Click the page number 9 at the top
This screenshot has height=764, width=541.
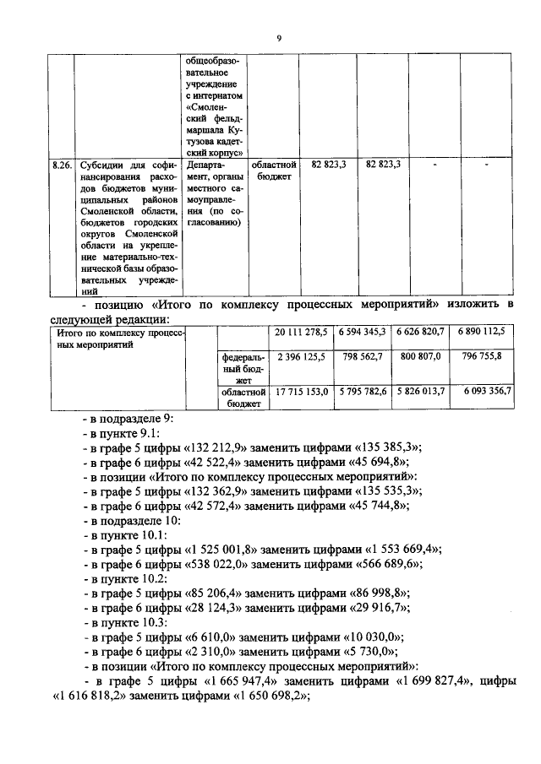tap(278, 37)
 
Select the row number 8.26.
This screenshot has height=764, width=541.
tap(59, 165)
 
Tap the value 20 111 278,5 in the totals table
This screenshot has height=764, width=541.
tap(300, 333)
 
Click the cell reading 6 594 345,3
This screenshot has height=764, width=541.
tap(362, 333)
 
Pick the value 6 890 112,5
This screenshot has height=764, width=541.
tap(482, 333)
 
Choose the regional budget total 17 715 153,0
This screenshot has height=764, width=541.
tap(300, 393)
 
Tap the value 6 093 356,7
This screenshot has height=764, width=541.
tap(482, 393)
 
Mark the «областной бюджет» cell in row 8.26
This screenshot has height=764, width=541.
tap(276, 171)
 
